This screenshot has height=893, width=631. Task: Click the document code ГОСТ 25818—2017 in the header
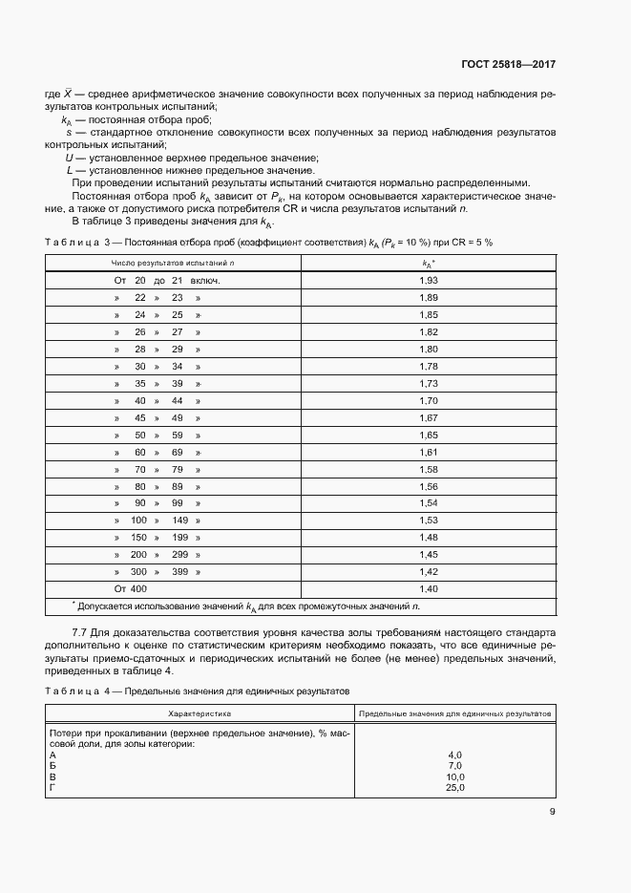pyautogui.click(x=507, y=66)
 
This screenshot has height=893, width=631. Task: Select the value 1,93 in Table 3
pyautogui.click(x=429, y=281)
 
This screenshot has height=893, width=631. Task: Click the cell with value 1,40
pyautogui.click(x=429, y=588)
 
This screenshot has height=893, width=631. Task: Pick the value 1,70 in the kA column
pyautogui.click(x=429, y=400)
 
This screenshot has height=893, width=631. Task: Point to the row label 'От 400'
pyautogui.click(x=131, y=588)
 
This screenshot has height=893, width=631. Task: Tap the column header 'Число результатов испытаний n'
pyautogui.click(x=173, y=262)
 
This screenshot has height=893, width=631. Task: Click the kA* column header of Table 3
pyautogui.click(x=429, y=262)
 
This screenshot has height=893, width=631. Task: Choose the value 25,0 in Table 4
pyautogui.click(x=454, y=788)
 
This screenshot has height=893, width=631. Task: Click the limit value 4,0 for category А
pyautogui.click(x=454, y=755)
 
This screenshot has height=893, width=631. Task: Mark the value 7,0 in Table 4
pyautogui.click(x=454, y=765)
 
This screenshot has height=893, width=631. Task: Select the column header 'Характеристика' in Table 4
pyautogui.click(x=200, y=713)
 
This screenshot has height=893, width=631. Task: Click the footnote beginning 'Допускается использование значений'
pyautogui.click(x=244, y=606)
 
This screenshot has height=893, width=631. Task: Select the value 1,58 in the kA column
pyautogui.click(x=429, y=469)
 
